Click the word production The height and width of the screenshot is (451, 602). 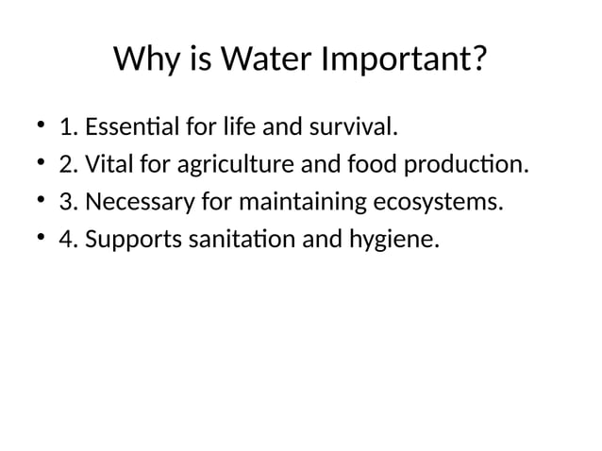[464, 166]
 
